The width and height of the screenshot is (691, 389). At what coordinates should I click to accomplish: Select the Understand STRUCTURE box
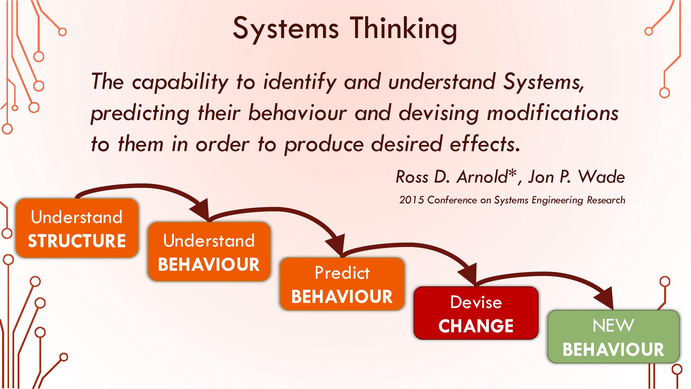pos(77,228)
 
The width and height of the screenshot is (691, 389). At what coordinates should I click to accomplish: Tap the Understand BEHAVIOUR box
pos(209,252)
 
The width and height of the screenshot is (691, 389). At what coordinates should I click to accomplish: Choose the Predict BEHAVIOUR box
pos(342,284)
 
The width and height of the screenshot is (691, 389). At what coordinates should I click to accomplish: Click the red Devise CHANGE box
pos(476,313)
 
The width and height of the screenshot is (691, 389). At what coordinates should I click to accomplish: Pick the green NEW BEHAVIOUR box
pos(613,336)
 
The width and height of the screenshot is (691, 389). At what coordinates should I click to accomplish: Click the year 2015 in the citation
pos(411,200)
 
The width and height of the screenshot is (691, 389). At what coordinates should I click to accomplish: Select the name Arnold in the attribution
pos(482,177)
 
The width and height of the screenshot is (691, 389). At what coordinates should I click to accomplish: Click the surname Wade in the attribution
pos(602,177)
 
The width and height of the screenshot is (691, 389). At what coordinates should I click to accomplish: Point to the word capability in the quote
pos(180,82)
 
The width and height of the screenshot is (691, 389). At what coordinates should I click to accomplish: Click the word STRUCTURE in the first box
pos(77,241)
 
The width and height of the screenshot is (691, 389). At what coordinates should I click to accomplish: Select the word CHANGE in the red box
pos(476,326)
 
